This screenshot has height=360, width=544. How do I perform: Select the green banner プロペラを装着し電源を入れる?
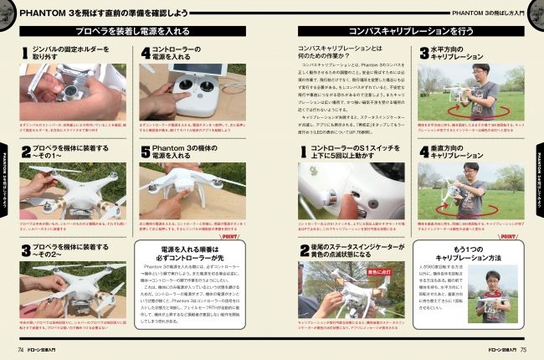133,30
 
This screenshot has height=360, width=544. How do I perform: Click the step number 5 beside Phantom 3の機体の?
144,153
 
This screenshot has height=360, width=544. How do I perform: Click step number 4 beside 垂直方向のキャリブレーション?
423,153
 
